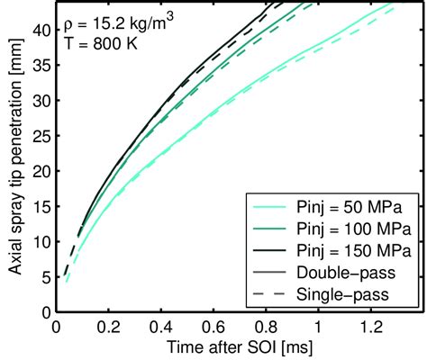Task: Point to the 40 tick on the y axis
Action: click(x=38, y=32)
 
